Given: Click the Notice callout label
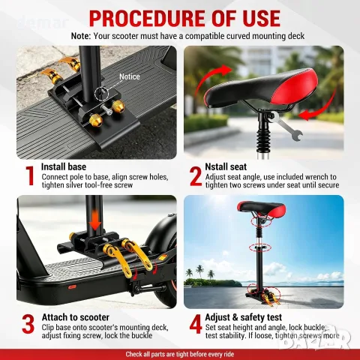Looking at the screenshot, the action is tap(130, 76).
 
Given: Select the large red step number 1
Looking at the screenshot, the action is tap(30, 176).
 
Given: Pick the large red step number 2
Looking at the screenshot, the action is tap(195, 176).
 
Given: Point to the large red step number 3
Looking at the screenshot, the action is tap(28, 324).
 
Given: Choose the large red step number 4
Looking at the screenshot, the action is tap(195, 324).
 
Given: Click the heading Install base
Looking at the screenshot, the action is tap(64, 166).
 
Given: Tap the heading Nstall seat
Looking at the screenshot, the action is tap(226, 166).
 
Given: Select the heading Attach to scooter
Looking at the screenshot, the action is tap(76, 317).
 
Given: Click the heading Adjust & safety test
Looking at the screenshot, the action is tap(243, 317).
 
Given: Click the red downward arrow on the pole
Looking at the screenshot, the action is tap(95, 220).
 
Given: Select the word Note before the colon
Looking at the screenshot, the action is tap(80, 36).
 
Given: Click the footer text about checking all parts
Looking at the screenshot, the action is tap(180, 354).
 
